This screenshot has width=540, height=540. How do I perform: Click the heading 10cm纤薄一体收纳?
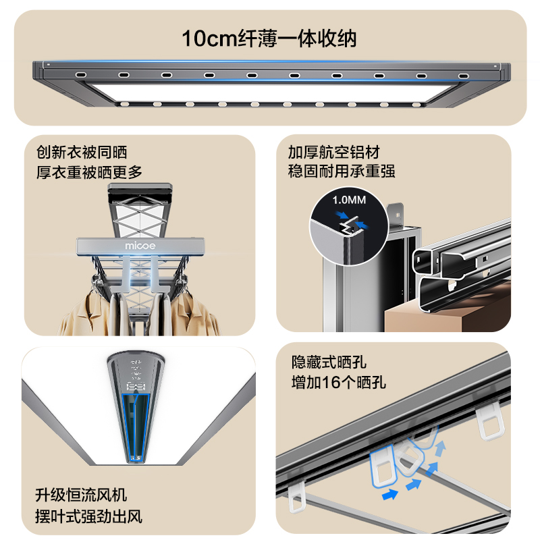pos(269,38)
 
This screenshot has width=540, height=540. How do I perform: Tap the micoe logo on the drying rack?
pos(140,246)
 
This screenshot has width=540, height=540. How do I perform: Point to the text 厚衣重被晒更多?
pos(90,172)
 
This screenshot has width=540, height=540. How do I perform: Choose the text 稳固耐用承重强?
pos(342,171)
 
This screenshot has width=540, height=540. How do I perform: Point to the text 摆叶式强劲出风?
pos(89,518)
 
